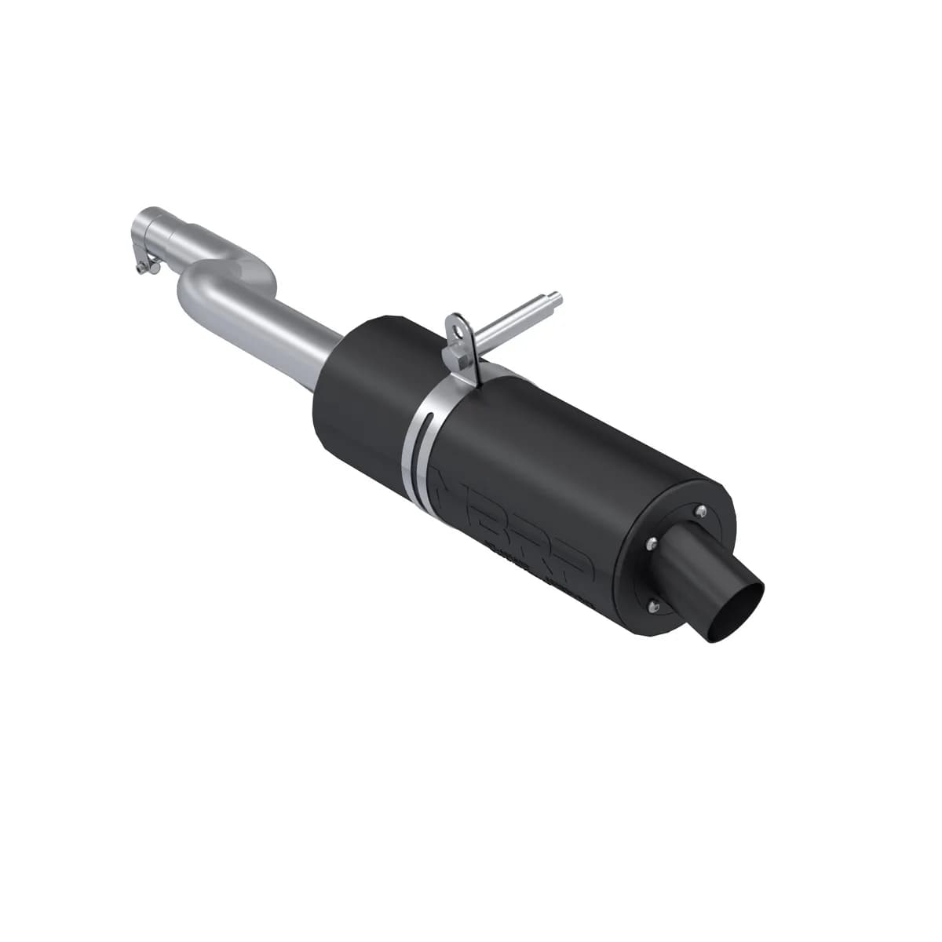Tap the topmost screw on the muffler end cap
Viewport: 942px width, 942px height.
(700, 513)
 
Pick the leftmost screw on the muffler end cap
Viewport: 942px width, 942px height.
(651, 543)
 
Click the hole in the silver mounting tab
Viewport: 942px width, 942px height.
(457, 323)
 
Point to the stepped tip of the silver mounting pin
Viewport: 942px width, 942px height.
(556, 298)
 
